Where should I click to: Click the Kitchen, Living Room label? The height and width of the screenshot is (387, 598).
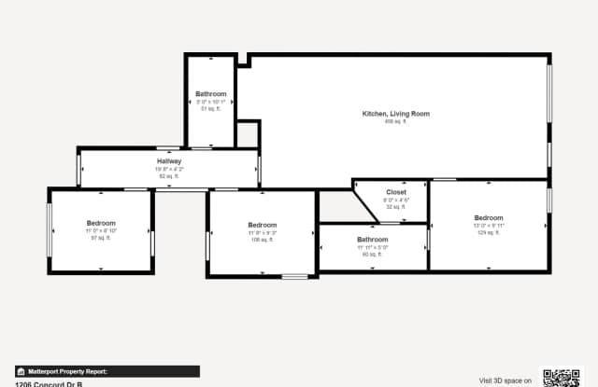point(395,114)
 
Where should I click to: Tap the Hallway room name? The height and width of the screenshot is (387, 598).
point(169,161)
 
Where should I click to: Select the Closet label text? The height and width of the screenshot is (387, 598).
point(395,192)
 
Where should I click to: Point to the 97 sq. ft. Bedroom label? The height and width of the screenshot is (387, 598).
point(101,223)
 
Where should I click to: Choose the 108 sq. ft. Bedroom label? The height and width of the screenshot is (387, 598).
point(262,225)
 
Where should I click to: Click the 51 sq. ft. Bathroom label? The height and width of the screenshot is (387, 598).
point(210,94)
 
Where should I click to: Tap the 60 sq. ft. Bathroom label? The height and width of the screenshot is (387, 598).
point(372,240)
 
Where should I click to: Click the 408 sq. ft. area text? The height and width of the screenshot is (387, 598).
point(395,122)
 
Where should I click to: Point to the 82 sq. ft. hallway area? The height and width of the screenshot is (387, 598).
point(169,176)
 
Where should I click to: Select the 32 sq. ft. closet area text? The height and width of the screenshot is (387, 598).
point(395,207)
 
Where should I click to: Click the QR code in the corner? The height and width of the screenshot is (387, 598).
point(562,378)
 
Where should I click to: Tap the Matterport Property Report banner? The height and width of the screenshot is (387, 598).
point(107,371)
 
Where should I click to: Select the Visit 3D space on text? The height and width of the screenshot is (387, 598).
point(505,380)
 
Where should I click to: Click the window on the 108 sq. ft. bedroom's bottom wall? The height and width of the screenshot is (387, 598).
point(294,275)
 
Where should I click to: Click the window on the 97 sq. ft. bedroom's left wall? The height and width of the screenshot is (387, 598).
point(49,230)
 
